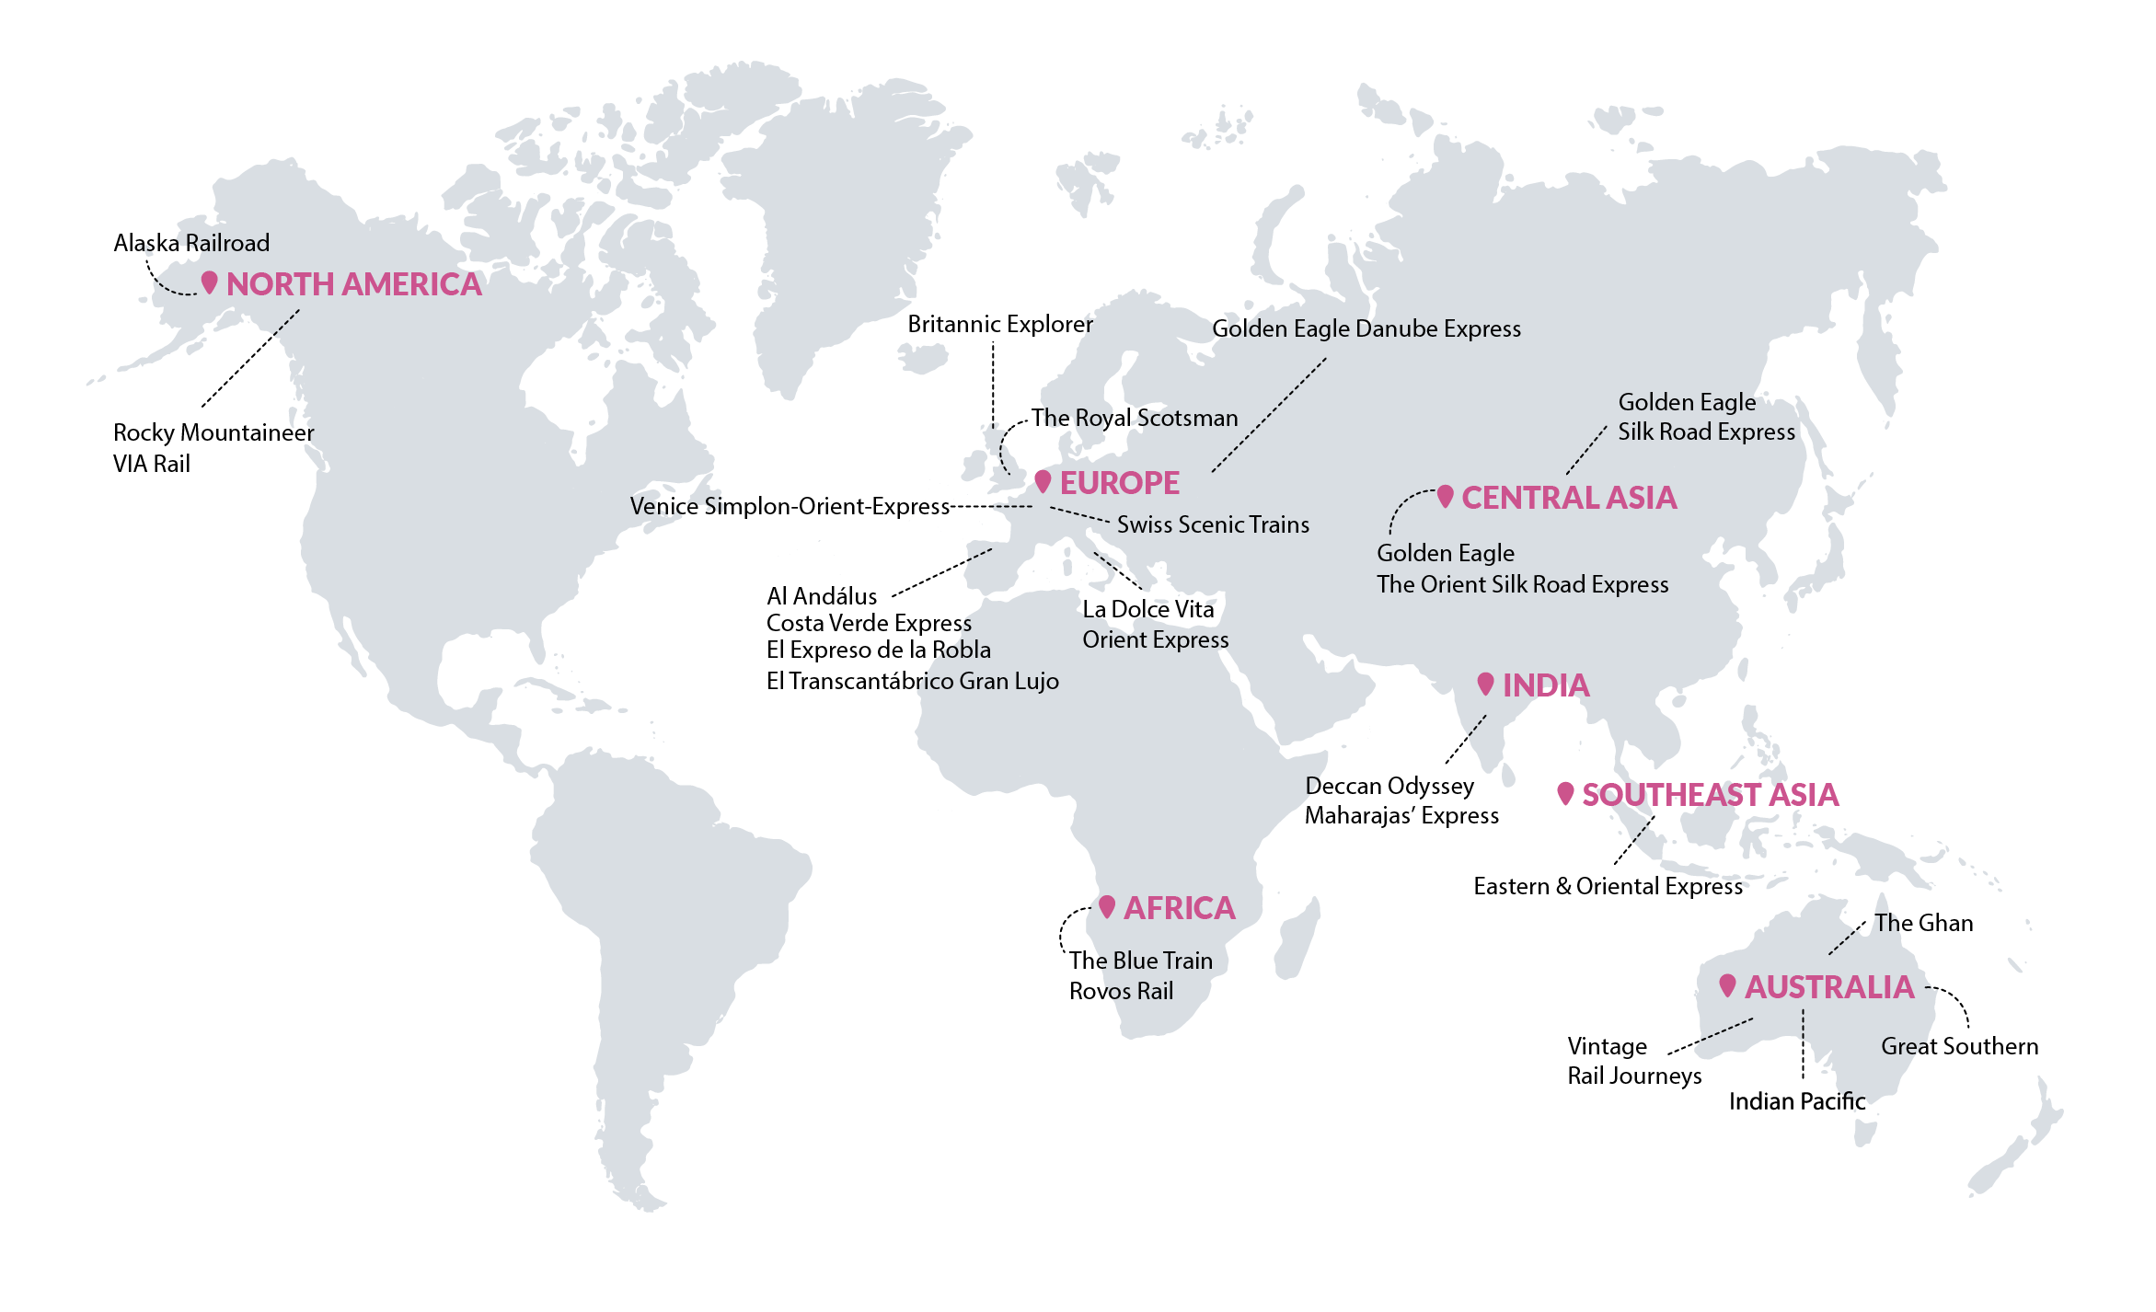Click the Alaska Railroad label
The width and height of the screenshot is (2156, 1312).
191,243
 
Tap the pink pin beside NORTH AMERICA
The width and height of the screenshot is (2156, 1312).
210,282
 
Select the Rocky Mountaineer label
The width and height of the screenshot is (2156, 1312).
213,432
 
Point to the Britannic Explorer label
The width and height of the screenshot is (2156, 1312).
999,324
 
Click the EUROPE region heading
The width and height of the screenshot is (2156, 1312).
1119,483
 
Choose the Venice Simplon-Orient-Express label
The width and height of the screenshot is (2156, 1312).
790,506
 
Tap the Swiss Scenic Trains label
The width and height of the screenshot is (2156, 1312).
1213,524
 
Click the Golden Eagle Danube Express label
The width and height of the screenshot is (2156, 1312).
1366,328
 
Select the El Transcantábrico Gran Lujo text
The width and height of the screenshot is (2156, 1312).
912,681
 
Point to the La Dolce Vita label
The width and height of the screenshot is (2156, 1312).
1147,609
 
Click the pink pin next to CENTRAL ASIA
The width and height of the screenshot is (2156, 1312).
1446,497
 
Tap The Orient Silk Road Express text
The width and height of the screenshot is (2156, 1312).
1522,584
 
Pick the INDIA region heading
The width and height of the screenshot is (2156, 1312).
1545,685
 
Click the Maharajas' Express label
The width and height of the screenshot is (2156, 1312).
1401,815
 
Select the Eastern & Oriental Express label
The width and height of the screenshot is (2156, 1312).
1608,886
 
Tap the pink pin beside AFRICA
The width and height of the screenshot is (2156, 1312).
1107,906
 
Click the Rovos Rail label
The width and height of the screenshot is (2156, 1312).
1121,991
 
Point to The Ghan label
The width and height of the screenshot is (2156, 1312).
1924,923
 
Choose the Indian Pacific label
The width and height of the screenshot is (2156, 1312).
1796,1101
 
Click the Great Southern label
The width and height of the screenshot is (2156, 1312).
1959,1046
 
